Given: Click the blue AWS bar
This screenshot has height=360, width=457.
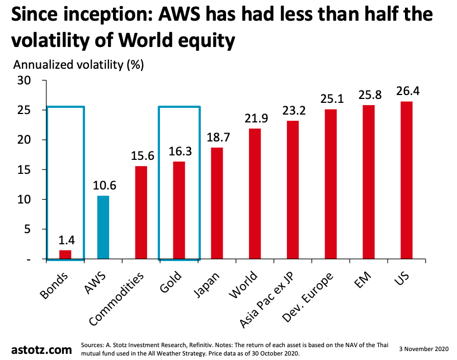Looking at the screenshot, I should click(103, 228).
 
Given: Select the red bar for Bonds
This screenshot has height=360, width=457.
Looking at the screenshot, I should click(65, 255).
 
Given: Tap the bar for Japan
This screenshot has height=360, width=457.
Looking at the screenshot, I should click(216, 203).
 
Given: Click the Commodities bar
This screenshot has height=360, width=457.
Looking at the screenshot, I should click(141, 212).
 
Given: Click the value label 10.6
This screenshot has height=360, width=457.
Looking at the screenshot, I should click(103, 185).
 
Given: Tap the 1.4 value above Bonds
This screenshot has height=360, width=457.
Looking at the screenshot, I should click(66, 240).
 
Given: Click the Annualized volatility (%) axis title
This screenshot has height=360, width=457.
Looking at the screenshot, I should click(78, 65).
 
